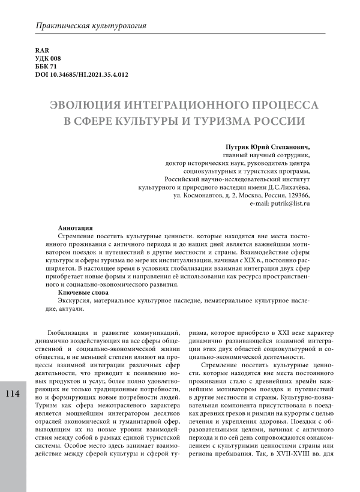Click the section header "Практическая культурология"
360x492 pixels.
click(91, 27)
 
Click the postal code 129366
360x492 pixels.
click(297, 196)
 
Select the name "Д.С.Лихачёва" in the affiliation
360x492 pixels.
click(287, 187)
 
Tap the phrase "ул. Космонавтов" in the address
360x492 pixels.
click(199, 196)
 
